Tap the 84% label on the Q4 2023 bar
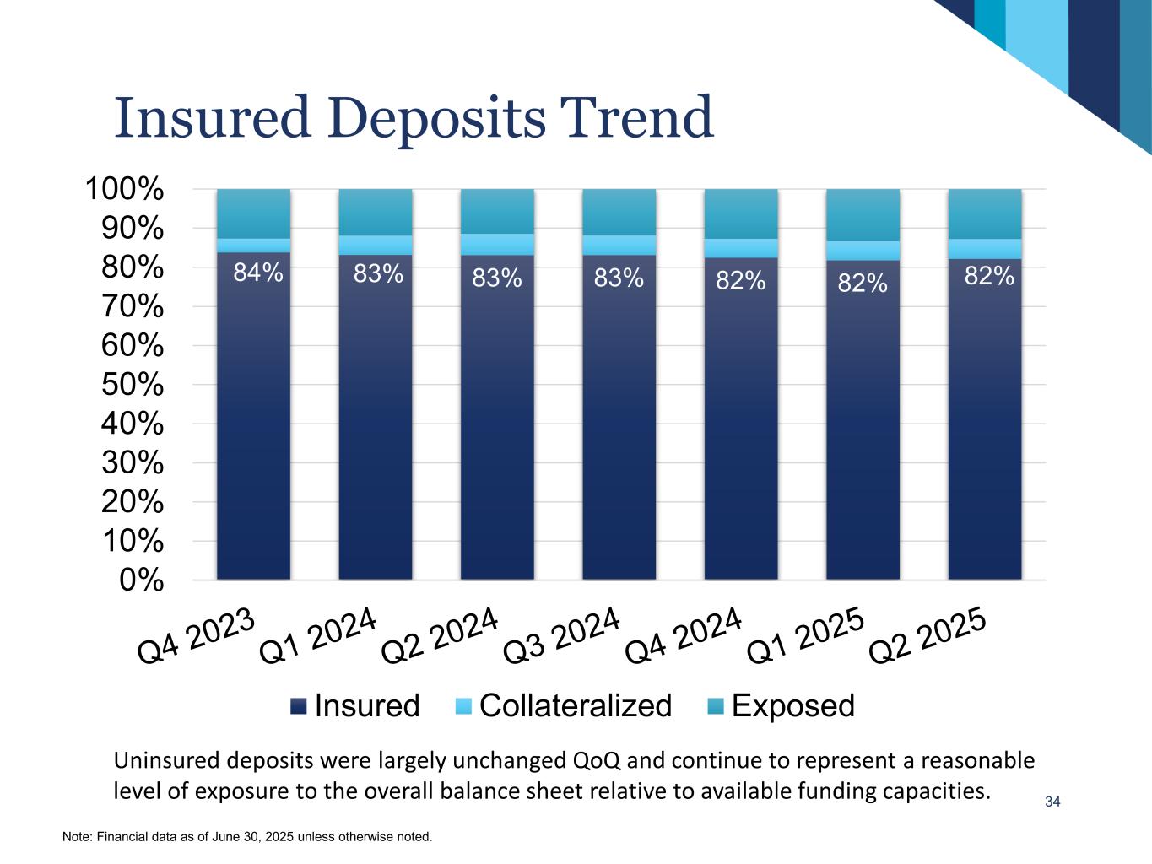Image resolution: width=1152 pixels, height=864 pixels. tap(257, 273)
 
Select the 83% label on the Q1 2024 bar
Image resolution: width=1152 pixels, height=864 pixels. tap(378, 273)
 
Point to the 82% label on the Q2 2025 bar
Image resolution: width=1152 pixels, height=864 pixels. tap(988, 275)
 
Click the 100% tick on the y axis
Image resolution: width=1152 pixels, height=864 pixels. tap(124, 189)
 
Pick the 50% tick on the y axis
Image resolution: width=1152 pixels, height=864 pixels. tap(132, 385)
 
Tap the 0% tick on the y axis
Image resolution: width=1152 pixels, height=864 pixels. tap(141, 580)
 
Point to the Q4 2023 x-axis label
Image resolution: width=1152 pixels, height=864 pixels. tap(197, 636)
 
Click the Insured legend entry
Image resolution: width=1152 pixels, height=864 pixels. tap(354, 705)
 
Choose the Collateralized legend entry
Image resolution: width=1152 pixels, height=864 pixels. tap(564, 705)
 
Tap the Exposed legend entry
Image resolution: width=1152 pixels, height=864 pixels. tap(782, 705)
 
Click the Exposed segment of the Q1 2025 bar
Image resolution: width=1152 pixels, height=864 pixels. tap(863, 215)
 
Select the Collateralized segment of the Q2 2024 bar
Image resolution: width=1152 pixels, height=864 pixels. tap(497, 245)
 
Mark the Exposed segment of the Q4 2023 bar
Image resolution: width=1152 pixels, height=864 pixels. tap(253, 213)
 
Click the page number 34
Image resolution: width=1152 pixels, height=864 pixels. tap(1052, 802)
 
